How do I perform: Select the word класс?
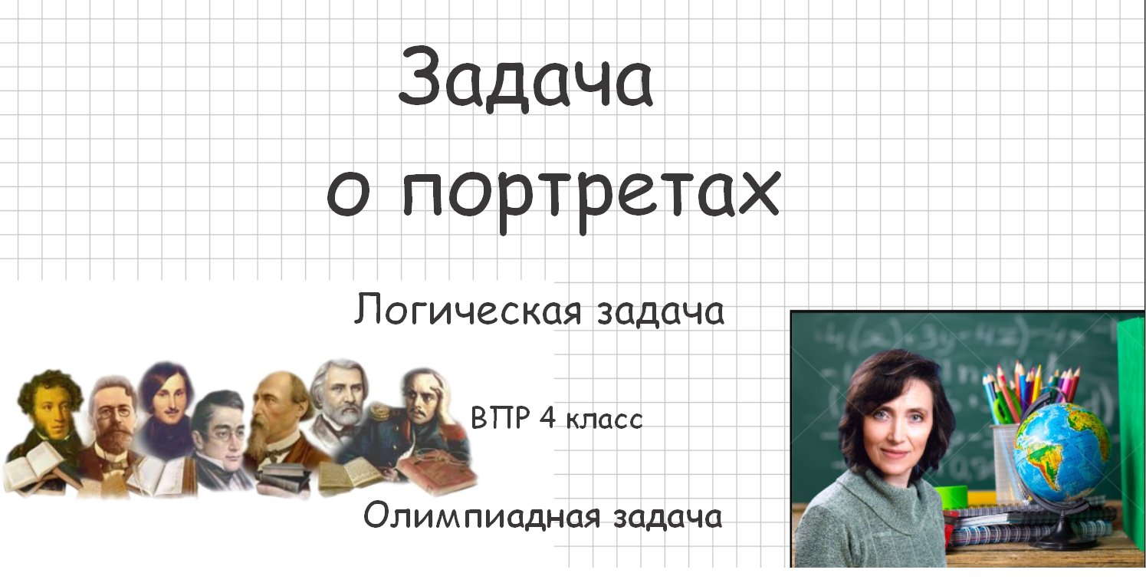click(x=605, y=420)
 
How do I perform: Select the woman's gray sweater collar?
click(x=889, y=491)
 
